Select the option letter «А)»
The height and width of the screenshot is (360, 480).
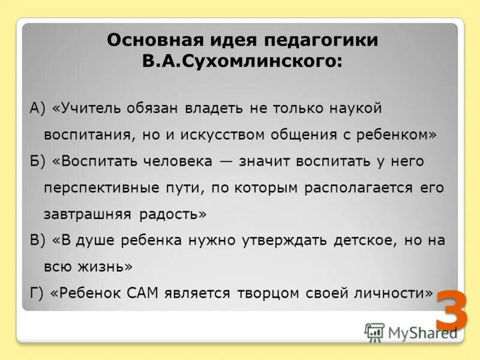coord(38,109)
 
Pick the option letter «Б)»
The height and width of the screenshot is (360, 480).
coord(38,161)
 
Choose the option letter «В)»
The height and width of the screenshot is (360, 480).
coord(38,240)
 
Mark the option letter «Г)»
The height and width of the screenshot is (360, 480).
coord(37,293)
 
